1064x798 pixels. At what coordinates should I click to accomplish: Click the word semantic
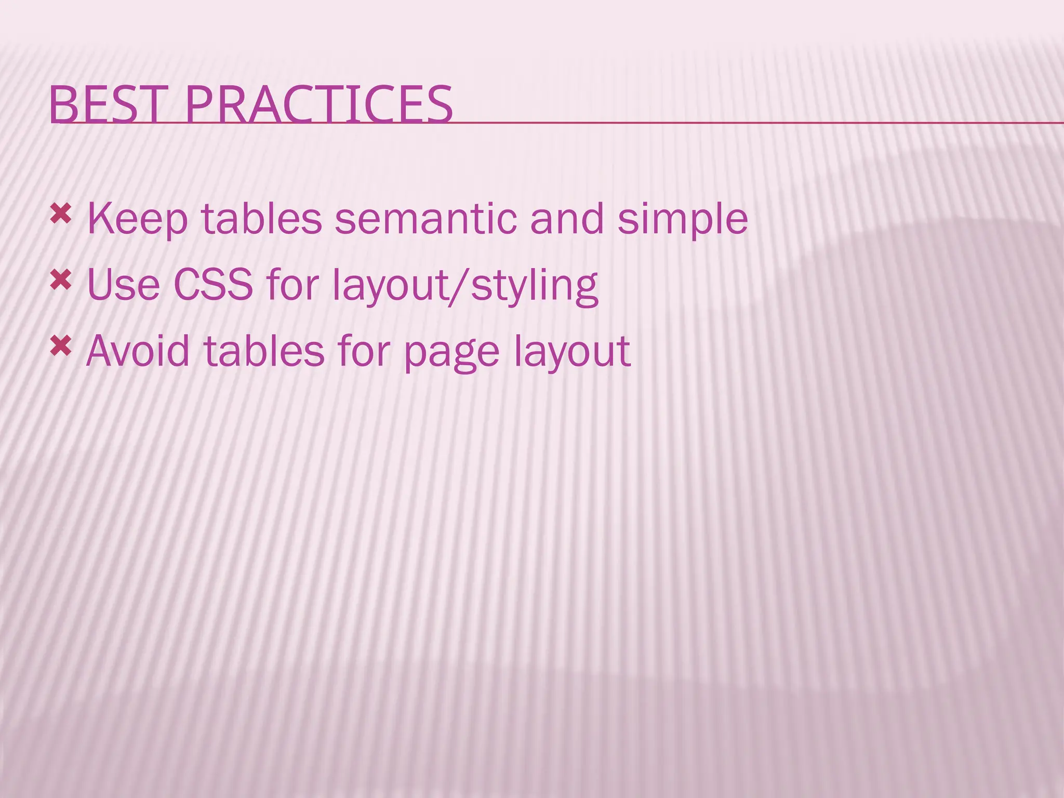tap(425, 218)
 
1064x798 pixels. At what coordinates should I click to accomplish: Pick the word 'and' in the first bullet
tap(567, 218)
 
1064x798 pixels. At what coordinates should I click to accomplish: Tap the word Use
tap(123, 285)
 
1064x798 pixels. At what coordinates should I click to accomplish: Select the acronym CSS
tap(213, 285)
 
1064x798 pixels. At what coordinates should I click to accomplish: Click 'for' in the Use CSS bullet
tap(292, 285)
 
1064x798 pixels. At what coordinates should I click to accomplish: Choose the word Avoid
tap(138, 351)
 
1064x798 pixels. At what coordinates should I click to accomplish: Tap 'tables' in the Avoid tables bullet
tap(263, 351)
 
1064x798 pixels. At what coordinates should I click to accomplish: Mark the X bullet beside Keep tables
tap(60, 214)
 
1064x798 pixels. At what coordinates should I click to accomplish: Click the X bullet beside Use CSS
tap(60, 280)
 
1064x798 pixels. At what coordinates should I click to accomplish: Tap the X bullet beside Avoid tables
tap(60, 346)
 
